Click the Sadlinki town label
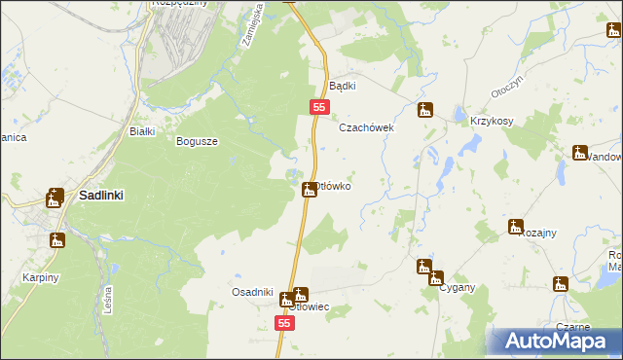(100, 195)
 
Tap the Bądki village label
(343, 86)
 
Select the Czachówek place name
(365, 127)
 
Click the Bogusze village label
(197, 141)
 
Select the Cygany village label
(457, 288)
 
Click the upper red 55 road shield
(319, 106)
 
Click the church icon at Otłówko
(310, 189)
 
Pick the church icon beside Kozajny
(515, 227)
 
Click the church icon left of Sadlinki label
(55, 197)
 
